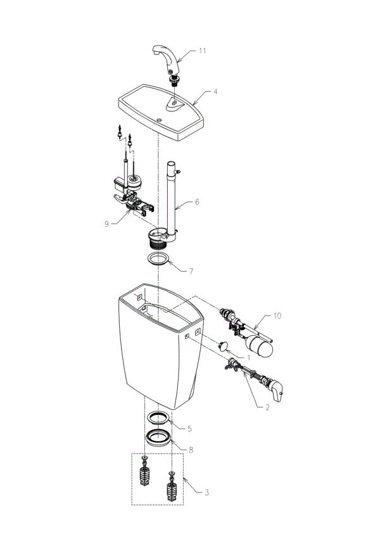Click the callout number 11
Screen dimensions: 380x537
[203, 51]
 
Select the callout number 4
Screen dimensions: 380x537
[215, 92]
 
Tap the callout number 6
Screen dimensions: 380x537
[197, 202]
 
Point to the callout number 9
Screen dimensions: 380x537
[106, 224]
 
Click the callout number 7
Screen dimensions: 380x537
[191, 272]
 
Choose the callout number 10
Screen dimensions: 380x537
[277, 315]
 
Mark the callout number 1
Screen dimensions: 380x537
[248, 358]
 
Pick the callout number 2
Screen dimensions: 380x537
[267, 407]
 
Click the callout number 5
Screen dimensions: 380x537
[189, 429]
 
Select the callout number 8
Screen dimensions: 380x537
[191, 450]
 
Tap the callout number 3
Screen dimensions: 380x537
[206, 493]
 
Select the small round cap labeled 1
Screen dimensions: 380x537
[224, 346]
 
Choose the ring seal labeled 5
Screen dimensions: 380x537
[158, 418]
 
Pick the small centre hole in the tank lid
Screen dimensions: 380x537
[158, 120]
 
